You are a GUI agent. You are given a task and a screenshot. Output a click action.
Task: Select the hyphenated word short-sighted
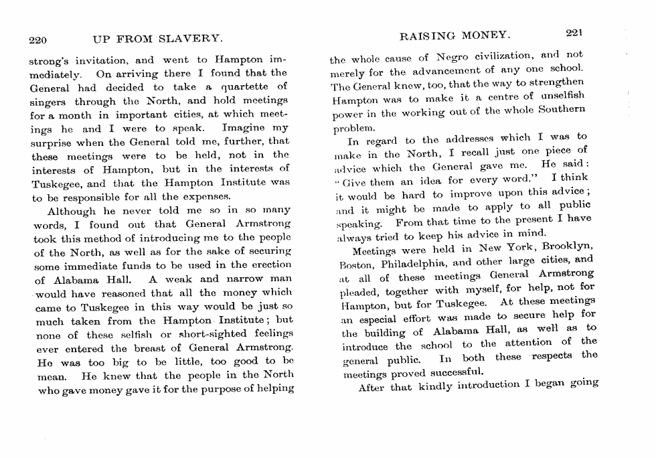click(x=221, y=333)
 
